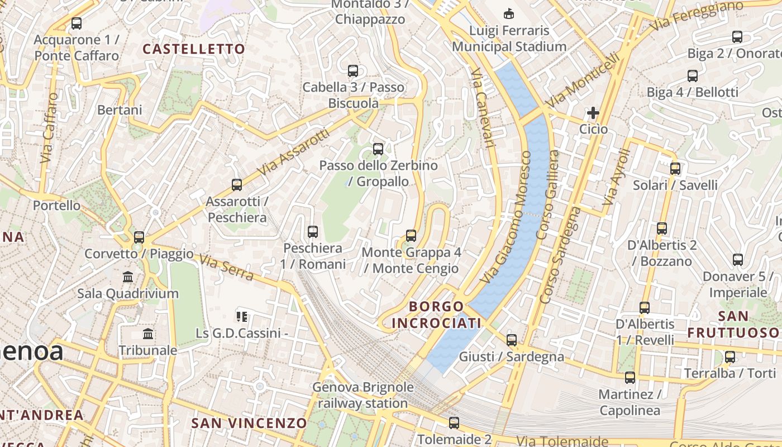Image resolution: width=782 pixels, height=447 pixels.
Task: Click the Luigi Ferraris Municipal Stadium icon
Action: click(509, 13)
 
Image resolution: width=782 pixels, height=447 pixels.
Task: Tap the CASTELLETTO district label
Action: click(194, 49)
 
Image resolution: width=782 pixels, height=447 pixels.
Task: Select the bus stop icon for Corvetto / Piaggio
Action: click(139, 237)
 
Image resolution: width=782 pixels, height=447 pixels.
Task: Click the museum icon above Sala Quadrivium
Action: click(128, 277)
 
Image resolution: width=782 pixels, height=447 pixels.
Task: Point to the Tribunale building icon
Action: click(148, 334)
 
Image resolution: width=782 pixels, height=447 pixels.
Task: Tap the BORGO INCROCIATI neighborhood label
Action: click(436, 315)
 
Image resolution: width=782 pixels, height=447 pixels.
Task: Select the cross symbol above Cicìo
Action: click(593, 113)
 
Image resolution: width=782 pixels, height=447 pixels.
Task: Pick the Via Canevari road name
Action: click(483, 109)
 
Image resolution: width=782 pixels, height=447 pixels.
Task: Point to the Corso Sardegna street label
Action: click(569, 255)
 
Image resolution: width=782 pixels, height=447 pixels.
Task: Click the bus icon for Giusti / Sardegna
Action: click(511, 340)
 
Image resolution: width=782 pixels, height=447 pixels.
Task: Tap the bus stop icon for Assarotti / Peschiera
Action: click(237, 184)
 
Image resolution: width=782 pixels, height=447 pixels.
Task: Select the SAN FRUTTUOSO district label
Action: click(732, 324)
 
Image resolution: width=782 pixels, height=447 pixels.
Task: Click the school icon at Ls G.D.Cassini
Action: click(242, 317)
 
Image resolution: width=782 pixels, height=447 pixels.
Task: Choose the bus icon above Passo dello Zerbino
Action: click(378, 149)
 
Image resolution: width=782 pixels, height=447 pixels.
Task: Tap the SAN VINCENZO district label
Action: click(249, 423)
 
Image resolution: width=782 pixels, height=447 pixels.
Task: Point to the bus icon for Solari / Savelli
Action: click(675, 168)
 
